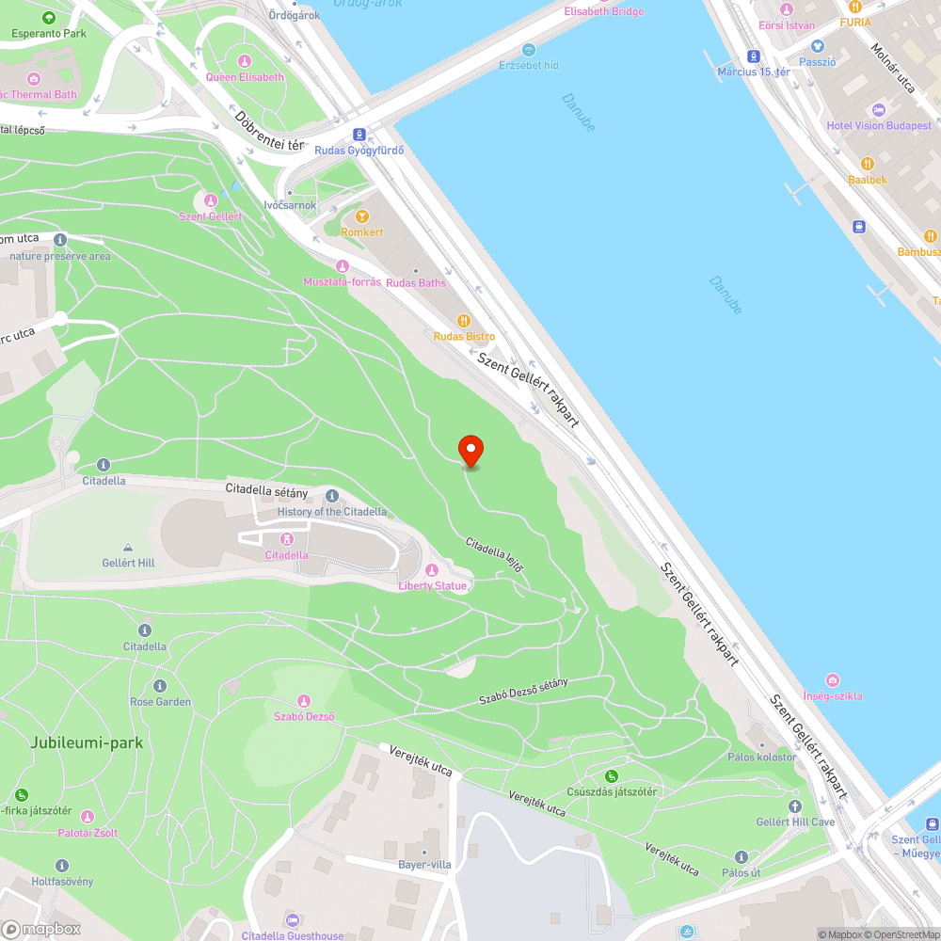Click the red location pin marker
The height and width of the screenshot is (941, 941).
(470, 449)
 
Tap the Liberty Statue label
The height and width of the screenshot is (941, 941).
(432, 585)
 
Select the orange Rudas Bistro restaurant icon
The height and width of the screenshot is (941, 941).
(463, 321)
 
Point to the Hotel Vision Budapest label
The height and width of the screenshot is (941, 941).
(879, 125)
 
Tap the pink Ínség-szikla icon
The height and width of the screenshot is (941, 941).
(832, 680)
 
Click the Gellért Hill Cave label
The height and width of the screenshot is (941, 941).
(795, 821)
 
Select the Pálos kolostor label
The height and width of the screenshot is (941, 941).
(762, 757)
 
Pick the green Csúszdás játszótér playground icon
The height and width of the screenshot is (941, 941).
(612, 776)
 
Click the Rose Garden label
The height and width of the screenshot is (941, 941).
(160, 701)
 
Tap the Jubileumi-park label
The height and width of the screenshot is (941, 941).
(87, 742)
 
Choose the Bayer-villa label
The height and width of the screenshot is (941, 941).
(424, 864)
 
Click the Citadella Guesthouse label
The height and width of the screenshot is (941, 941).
(293, 935)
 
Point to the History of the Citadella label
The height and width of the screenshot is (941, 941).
(331, 511)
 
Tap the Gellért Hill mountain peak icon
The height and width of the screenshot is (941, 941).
(128, 548)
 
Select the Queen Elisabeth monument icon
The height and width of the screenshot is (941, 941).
(244, 61)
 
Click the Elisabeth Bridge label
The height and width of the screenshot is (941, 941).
(604, 11)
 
